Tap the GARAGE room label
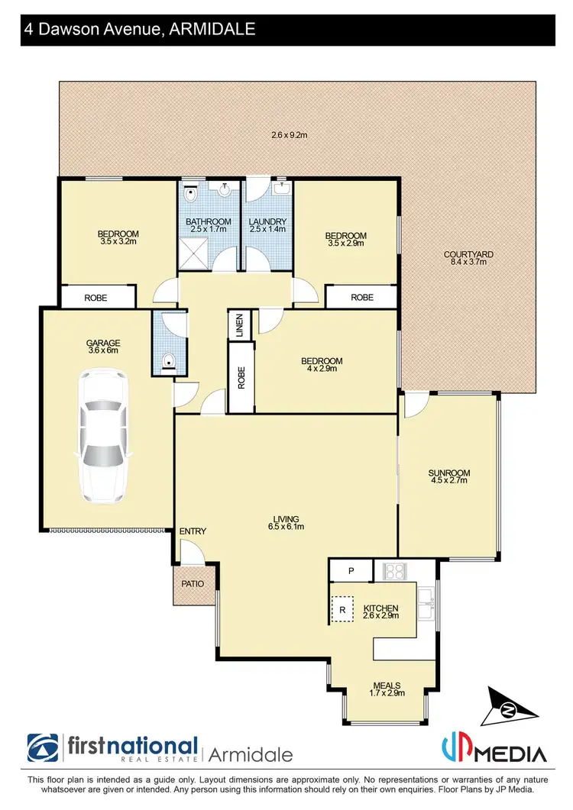tap(104, 343)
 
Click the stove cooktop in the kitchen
tap(395, 570)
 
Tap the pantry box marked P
tap(351, 570)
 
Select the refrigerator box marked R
tap(342, 610)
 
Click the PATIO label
tap(191, 584)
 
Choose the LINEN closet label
tap(240, 324)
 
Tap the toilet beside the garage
tap(170, 360)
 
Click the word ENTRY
tap(193, 531)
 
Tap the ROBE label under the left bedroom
tap(95, 298)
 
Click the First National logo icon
tap(44, 750)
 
